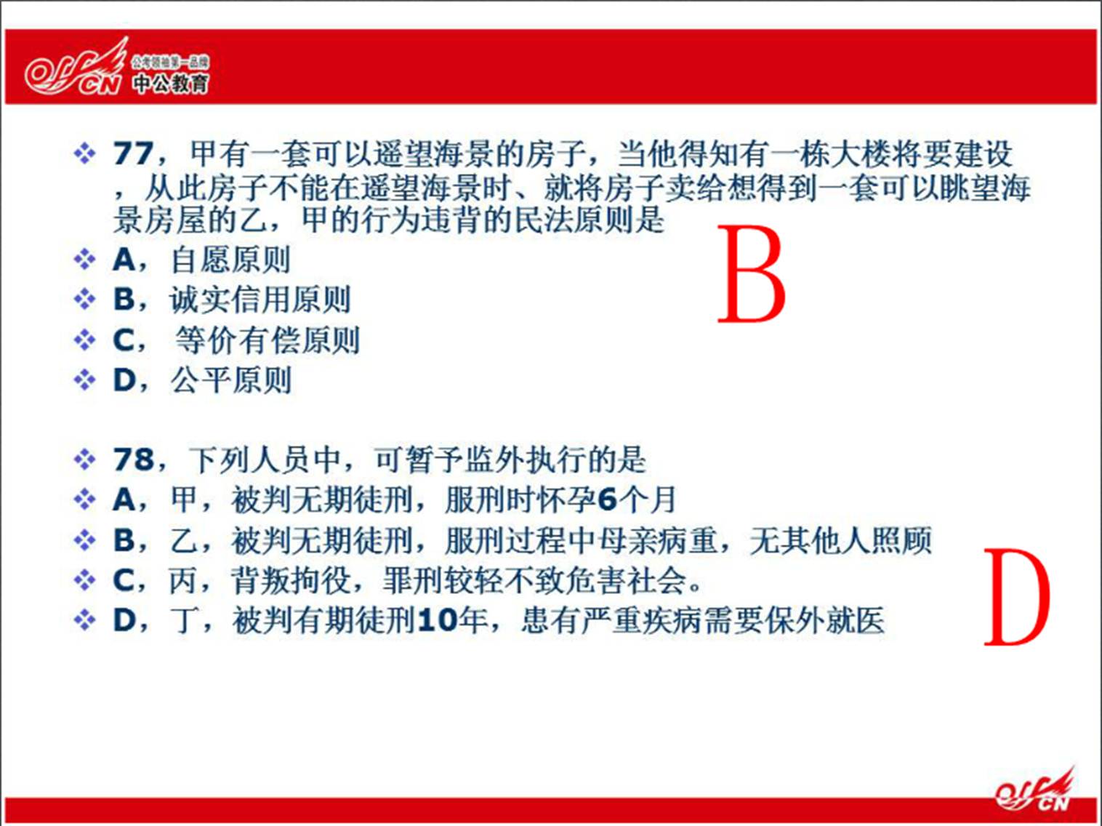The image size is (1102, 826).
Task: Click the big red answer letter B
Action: click(x=752, y=274)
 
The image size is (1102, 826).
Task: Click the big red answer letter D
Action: click(x=1017, y=597)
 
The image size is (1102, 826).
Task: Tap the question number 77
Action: click(x=132, y=153)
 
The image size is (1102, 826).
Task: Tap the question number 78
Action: click(x=133, y=459)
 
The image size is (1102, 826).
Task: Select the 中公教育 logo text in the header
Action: click(x=171, y=84)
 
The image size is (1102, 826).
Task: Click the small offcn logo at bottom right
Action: click(x=1034, y=789)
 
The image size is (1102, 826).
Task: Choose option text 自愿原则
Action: click(x=230, y=260)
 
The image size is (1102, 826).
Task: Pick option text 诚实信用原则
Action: click(x=260, y=300)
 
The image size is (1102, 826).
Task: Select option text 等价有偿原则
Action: click(x=267, y=340)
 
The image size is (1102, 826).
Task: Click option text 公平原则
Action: click(x=231, y=380)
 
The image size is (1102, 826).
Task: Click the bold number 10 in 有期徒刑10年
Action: click(x=437, y=621)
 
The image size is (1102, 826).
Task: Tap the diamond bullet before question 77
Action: click(x=84, y=153)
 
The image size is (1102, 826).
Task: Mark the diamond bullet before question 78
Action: click(x=84, y=460)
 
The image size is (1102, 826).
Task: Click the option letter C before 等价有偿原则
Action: click(x=124, y=340)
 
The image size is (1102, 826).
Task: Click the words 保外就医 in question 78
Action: click(x=825, y=621)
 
